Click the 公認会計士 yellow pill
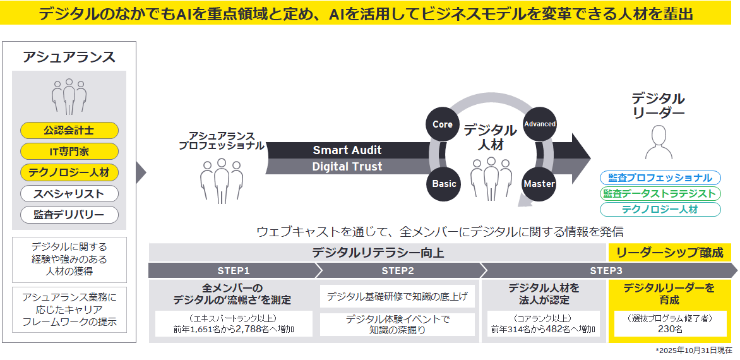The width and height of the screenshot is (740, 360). [69, 130]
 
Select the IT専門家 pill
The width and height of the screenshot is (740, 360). [69, 152]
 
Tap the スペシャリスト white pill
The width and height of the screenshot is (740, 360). [69, 193]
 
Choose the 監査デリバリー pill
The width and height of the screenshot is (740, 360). [69, 215]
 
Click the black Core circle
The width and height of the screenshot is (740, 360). [443, 124]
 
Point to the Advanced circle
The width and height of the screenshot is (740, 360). [539, 124]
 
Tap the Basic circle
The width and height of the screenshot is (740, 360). [444, 184]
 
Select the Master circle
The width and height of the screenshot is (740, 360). [539, 184]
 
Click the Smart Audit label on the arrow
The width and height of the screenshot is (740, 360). [347, 150]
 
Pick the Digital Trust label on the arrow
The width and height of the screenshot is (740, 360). [347, 167]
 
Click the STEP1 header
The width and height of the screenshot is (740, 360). [234, 270]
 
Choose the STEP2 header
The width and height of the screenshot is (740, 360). [398, 270]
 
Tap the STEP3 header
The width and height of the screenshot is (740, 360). [607, 270]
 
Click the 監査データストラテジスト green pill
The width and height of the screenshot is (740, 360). [660, 194]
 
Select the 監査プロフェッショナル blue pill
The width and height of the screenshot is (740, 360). [660, 178]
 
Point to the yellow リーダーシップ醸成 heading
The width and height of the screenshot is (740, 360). [670, 253]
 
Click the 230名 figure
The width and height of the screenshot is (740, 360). [669, 329]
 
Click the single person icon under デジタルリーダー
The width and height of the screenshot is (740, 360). [658, 141]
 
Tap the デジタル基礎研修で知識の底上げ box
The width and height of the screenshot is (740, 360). [397, 296]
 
